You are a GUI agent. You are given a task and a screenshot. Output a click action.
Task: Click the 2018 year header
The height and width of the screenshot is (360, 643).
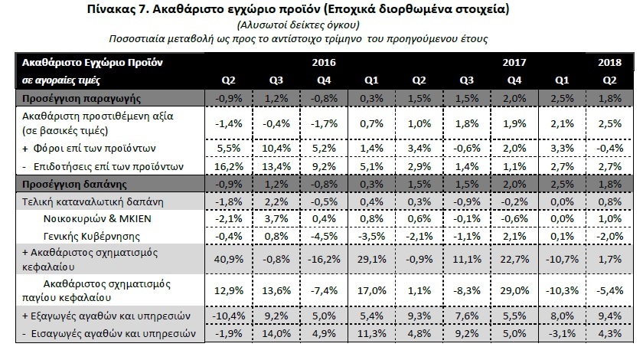tap(609, 62)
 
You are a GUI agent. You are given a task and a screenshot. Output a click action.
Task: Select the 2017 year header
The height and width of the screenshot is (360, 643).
tap(514, 62)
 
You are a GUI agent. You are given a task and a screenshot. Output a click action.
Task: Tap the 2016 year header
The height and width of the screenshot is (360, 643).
tap(324, 62)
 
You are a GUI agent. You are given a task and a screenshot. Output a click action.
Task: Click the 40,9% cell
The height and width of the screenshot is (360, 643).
tap(228, 260)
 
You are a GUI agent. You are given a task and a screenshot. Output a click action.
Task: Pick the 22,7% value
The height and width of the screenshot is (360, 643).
tap(514, 260)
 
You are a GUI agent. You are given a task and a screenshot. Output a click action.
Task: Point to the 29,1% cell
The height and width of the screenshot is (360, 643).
tap(371, 260)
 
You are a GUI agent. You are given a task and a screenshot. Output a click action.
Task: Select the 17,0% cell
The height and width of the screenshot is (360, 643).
tap(371, 290)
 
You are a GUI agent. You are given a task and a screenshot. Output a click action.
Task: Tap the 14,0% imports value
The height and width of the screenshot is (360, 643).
tap(276, 333)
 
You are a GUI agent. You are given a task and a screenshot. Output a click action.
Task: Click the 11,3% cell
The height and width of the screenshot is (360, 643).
tap(371, 333)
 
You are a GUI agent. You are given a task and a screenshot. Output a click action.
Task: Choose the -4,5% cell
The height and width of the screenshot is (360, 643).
tap(324, 237)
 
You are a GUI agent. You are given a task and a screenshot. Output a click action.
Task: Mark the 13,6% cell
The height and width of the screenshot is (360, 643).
tap(276, 290)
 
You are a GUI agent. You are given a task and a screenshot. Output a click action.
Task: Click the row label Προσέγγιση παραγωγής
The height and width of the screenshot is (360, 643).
tap(81, 99)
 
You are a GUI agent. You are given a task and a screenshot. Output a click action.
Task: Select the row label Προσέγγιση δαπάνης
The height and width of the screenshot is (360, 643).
tap(74, 184)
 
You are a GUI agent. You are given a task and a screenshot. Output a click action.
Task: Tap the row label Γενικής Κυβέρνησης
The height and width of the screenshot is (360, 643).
tap(91, 237)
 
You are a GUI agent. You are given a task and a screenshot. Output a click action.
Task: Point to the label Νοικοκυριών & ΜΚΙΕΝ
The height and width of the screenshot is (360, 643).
tap(97, 219)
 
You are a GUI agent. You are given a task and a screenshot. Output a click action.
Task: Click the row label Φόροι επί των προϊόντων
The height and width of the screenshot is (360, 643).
tap(94, 148)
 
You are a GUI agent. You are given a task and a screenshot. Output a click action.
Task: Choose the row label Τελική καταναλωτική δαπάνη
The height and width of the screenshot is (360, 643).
tap(93, 202)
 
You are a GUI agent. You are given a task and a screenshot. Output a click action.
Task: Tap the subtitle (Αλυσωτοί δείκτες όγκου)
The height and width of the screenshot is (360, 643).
tap(298, 25)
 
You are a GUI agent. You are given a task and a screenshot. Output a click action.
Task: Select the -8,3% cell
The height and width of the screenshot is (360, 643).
tap(467, 290)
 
